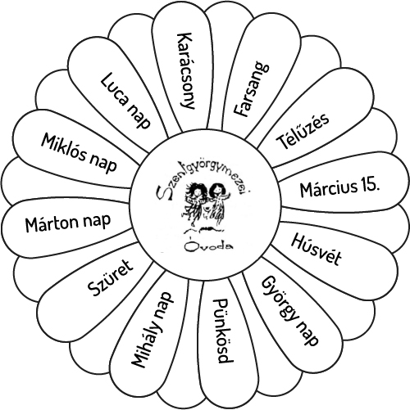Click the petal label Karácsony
186,71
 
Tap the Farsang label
251,90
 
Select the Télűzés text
303,131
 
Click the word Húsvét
316,250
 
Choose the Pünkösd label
223,331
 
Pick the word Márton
52,224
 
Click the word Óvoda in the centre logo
209,246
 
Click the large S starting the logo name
162,194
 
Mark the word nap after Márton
97,222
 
